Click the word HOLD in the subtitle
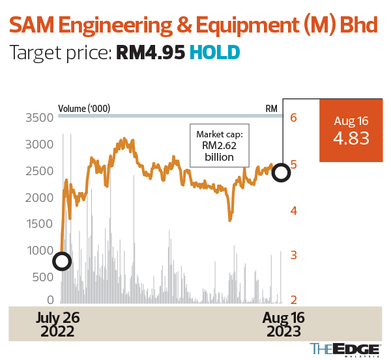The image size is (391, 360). pyautogui.click(x=214, y=53)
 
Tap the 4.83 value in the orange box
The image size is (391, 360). pyautogui.click(x=351, y=139)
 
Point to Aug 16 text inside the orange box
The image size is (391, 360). pyautogui.click(x=351, y=121)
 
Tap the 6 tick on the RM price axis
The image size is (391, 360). pyautogui.click(x=294, y=118)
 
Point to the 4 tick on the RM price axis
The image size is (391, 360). pyautogui.click(x=294, y=211)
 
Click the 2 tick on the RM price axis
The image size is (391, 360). pyautogui.click(x=294, y=300)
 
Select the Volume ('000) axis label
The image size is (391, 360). pyautogui.click(x=84, y=108)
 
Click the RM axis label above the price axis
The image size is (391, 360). pyautogui.click(x=272, y=108)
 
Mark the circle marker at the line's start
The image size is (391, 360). pyautogui.click(x=61, y=262)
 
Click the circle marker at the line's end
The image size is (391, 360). pyautogui.click(x=281, y=173)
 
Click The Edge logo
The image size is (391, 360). pyautogui.click(x=344, y=349)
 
